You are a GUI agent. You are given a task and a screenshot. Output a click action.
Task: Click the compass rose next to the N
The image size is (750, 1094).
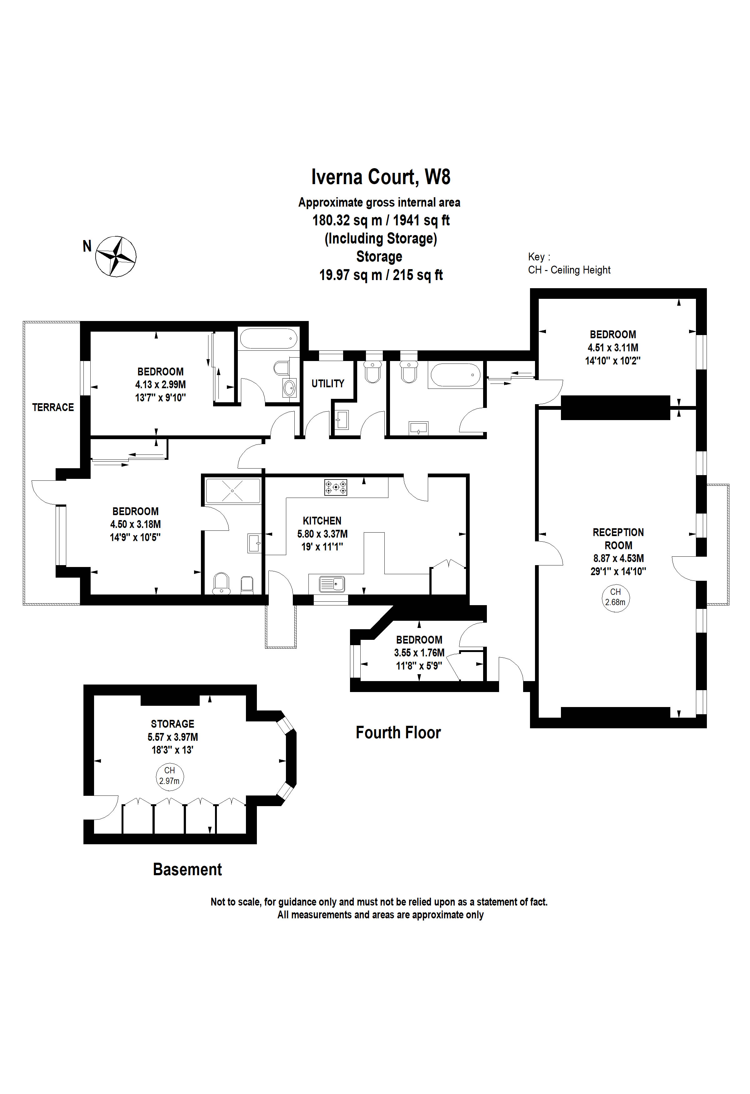click(x=116, y=257)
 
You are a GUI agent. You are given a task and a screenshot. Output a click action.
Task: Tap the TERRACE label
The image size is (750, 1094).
click(x=53, y=407)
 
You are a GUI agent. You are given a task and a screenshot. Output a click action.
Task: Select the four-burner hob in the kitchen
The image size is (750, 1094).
click(x=336, y=487)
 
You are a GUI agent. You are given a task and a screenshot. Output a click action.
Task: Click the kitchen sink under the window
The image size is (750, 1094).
click(x=332, y=584)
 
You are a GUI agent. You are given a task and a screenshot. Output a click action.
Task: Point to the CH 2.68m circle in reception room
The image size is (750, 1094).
click(x=615, y=597)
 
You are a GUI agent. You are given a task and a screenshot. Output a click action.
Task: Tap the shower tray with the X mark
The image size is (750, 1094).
click(x=233, y=491)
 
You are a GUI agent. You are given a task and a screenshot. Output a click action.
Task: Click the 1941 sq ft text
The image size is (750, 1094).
click(x=421, y=220)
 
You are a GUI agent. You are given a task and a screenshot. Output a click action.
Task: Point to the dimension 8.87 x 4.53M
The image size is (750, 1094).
click(x=618, y=558)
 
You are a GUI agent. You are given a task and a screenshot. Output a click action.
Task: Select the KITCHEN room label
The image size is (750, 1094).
click(x=322, y=521)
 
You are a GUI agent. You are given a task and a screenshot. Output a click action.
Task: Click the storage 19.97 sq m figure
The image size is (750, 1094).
click(x=350, y=275)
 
